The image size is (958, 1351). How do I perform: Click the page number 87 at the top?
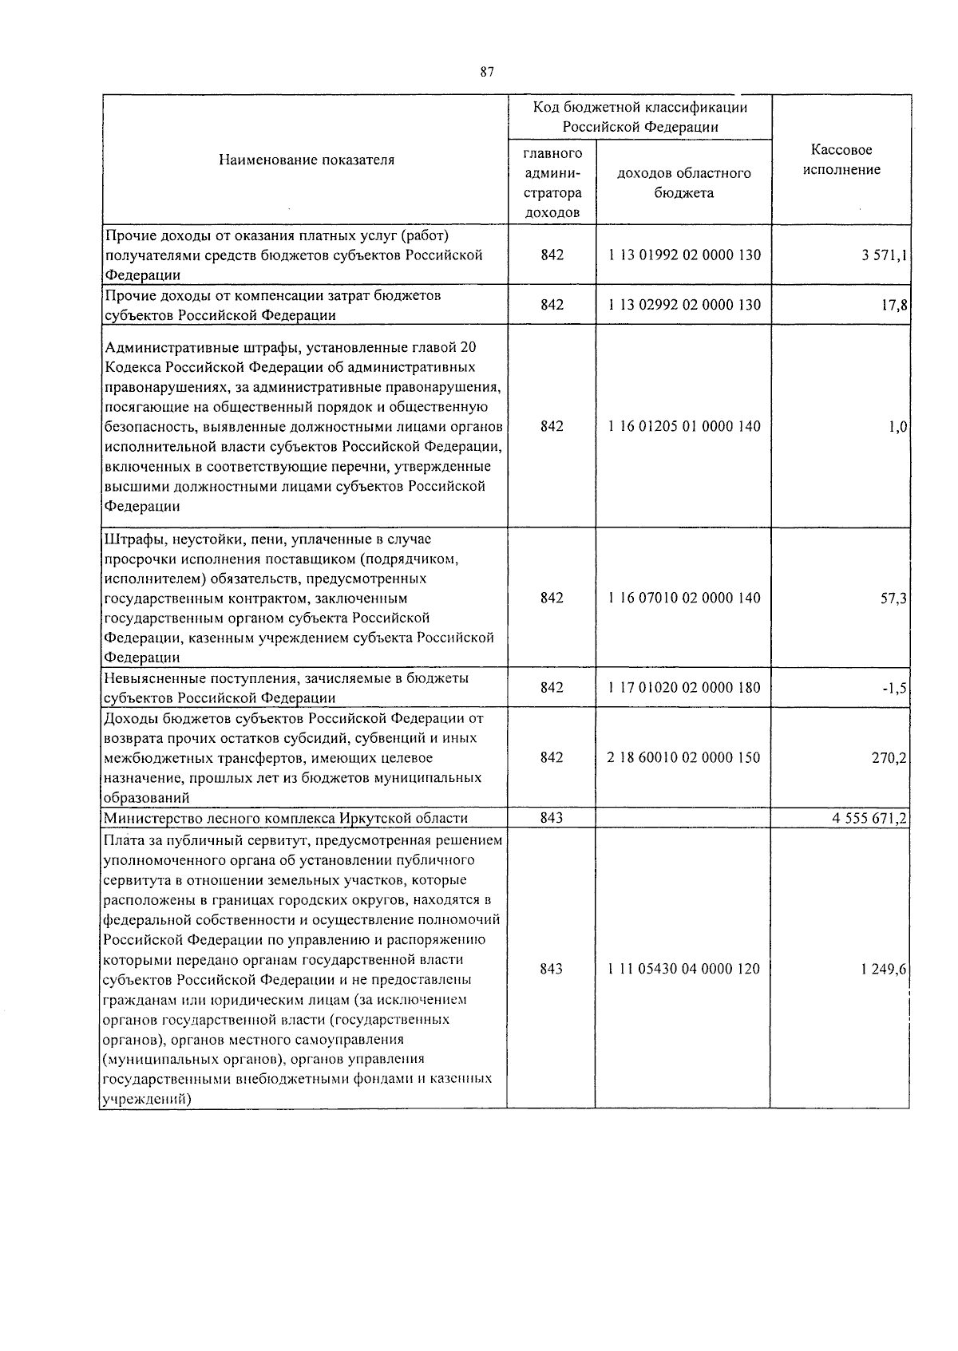tap(487, 72)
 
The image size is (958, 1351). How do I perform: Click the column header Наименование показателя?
tap(306, 160)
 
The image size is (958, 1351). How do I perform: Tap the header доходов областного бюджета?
tap(683, 183)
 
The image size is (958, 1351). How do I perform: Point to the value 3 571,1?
tap(880, 255)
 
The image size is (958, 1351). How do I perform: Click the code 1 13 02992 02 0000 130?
tap(683, 305)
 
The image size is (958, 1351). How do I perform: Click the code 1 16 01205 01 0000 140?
tap(683, 426)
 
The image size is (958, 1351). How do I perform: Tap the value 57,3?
tap(893, 598)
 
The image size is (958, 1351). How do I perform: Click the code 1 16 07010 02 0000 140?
tap(683, 598)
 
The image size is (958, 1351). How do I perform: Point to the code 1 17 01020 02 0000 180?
tap(683, 687)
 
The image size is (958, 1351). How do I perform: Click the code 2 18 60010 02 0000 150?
tap(683, 757)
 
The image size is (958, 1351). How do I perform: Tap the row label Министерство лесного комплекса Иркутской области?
tap(286, 818)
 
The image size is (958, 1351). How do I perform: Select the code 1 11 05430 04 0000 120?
tap(683, 969)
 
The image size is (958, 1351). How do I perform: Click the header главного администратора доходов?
tap(552, 183)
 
